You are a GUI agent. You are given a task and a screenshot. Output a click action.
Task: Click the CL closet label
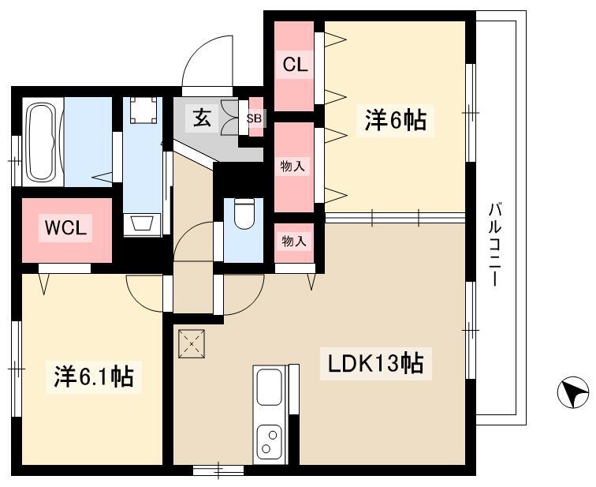click(x=295, y=65)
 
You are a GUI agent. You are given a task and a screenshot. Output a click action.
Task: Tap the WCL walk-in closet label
click(x=65, y=228)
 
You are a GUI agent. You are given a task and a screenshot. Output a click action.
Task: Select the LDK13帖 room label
click(x=375, y=364)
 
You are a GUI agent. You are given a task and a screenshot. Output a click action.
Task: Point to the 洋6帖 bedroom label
click(x=395, y=120)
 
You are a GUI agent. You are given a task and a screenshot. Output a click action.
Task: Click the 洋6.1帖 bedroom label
click(x=94, y=376)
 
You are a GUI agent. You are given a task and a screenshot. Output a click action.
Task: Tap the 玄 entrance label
click(x=202, y=118)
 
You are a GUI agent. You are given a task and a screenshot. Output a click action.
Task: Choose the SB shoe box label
click(x=254, y=118)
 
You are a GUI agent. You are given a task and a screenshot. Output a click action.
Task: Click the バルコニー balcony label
click(x=494, y=245)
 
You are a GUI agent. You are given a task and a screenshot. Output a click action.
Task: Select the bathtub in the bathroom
click(x=43, y=142)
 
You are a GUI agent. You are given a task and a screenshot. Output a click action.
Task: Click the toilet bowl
click(x=244, y=214)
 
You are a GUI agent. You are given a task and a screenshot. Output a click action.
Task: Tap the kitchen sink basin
click(x=269, y=388)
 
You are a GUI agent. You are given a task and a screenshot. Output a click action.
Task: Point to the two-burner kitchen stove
click(x=269, y=442)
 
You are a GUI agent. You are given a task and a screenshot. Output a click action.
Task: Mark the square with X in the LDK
click(x=192, y=344)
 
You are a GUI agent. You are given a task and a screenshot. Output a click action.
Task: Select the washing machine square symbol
click(x=143, y=110)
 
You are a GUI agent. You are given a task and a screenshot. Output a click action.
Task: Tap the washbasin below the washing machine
click(x=143, y=223)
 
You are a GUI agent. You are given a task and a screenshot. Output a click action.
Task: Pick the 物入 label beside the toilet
click(x=294, y=241)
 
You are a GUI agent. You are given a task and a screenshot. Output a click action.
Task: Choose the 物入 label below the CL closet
click(x=292, y=166)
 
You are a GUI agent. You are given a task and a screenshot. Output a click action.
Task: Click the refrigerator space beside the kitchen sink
click(x=294, y=389)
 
